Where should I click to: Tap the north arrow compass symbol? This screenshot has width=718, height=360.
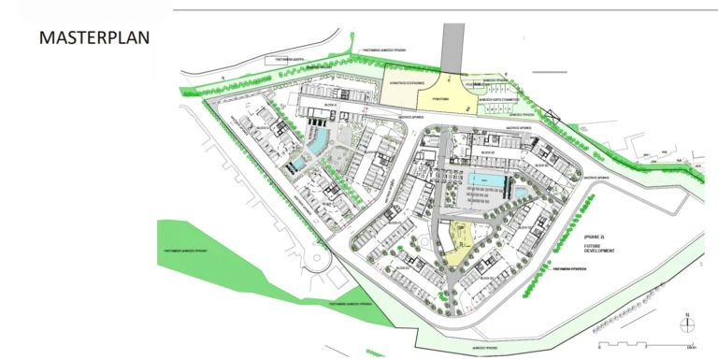[687, 323]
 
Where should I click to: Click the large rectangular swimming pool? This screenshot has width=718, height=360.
[485, 180]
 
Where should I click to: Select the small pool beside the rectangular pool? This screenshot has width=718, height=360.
[519, 193]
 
